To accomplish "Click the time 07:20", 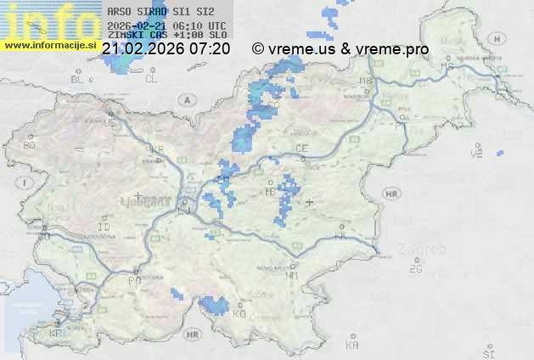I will point(210,49).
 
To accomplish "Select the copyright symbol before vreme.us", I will point(257,49).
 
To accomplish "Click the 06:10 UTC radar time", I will point(199,25).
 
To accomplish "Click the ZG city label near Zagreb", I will point(414,269).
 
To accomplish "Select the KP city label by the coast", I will point(56,334).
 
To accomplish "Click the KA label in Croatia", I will point(351,346).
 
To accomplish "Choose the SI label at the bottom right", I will point(487,352).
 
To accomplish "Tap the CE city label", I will point(301,149).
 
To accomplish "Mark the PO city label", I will point(133,279).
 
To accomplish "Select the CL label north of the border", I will point(151,79).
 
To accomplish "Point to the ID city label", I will point(104,228).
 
